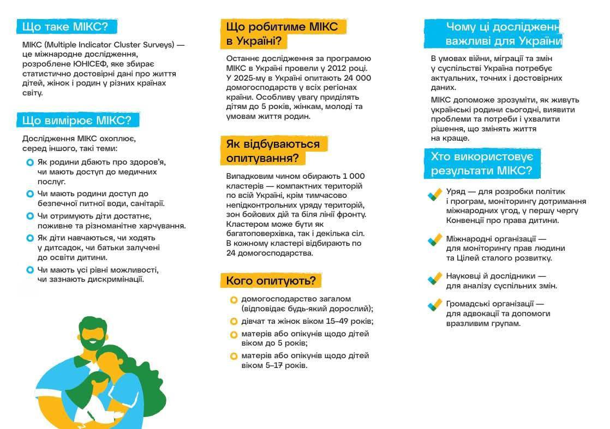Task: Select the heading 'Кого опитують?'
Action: [x=271, y=281]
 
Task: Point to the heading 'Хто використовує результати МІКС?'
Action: [x=482, y=164]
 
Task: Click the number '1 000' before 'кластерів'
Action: [x=354, y=176]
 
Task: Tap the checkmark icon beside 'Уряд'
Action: [x=435, y=195]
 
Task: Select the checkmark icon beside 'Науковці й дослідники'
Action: [x=435, y=279]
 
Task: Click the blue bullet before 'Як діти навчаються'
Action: [x=30, y=238]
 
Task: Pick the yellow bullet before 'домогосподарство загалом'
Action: [x=234, y=300]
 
